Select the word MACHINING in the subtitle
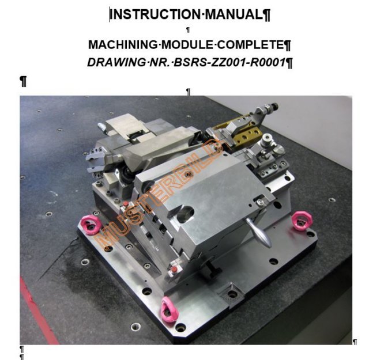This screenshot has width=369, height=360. (123, 45)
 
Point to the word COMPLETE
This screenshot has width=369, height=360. (250, 45)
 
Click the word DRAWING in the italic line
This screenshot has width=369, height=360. (116, 63)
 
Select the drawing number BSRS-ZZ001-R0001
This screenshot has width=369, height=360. (229, 63)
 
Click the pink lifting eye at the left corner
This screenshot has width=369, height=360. (91, 225)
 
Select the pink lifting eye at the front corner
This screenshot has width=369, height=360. (168, 309)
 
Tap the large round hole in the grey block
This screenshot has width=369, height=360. (185, 214)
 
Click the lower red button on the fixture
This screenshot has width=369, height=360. (174, 269)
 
